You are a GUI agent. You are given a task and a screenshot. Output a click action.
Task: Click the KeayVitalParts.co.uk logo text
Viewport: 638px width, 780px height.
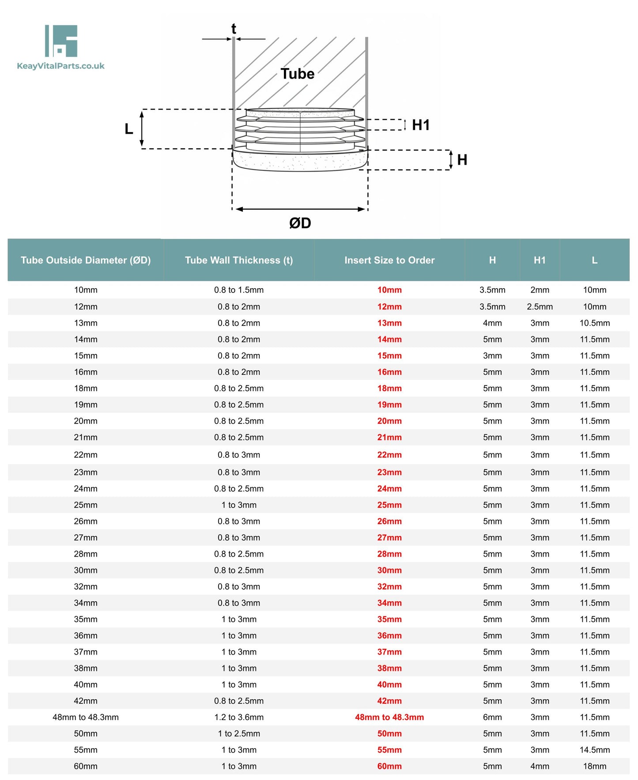pyautogui.click(x=60, y=66)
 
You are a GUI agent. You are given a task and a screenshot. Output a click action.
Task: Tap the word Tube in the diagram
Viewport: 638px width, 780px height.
pyautogui.click(x=297, y=74)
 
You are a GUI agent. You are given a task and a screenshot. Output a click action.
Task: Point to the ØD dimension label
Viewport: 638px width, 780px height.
pyautogui.click(x=300, y=223)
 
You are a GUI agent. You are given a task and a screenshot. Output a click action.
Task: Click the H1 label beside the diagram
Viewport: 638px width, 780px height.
pyautogui.click(x=420, y=125)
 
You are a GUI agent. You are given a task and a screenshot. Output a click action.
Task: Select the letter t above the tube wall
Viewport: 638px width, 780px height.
pyautogui.click(x=234, y=29)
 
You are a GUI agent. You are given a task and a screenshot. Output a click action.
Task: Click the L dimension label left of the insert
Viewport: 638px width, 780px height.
pyautogui.click(x=128, y=129)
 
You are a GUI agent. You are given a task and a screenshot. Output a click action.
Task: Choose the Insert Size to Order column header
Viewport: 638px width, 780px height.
pyautogui.click(x=389, y=260)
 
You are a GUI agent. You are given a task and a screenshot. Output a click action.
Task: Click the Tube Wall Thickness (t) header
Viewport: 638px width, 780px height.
pyautogui.click(x=239, y=260)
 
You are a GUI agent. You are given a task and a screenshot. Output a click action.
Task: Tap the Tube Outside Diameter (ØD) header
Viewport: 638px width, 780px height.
pyautogui.click(x=86, y=260)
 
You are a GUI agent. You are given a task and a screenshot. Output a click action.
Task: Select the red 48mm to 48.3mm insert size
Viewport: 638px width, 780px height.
pyautogui.click(x=389, y=717)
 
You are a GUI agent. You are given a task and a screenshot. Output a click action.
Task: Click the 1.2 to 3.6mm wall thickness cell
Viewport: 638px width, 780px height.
pyautogui.click(x=239, y=717)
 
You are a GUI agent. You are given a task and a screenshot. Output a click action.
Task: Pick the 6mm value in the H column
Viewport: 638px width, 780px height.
pyautogui.click(x=492, y=717)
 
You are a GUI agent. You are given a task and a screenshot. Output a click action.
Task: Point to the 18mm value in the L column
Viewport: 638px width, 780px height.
pyautogui.click(x=594, y=766)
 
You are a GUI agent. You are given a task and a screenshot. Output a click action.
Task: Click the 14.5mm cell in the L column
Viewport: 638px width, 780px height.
pyautogui.click(x=594, y=750)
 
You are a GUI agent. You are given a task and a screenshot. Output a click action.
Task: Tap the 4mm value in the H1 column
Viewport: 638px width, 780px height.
pyautogui.click(x=540, y=766)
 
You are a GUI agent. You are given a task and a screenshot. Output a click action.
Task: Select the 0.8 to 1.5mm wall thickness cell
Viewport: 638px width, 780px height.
pyautogui.click(x=239, y=290)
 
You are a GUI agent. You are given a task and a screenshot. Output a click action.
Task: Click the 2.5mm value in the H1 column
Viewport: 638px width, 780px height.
pyautogui.click(x=540, y=306)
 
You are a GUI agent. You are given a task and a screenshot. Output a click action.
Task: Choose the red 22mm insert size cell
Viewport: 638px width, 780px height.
pyautogui.click(x=389, y=455)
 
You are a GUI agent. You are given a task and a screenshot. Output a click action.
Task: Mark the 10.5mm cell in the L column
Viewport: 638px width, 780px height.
pyautogui.click(x=594, y=323)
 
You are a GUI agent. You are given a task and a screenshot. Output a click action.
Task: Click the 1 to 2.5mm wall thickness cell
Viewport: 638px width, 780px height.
pyautogui.click(x=239, y=733)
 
